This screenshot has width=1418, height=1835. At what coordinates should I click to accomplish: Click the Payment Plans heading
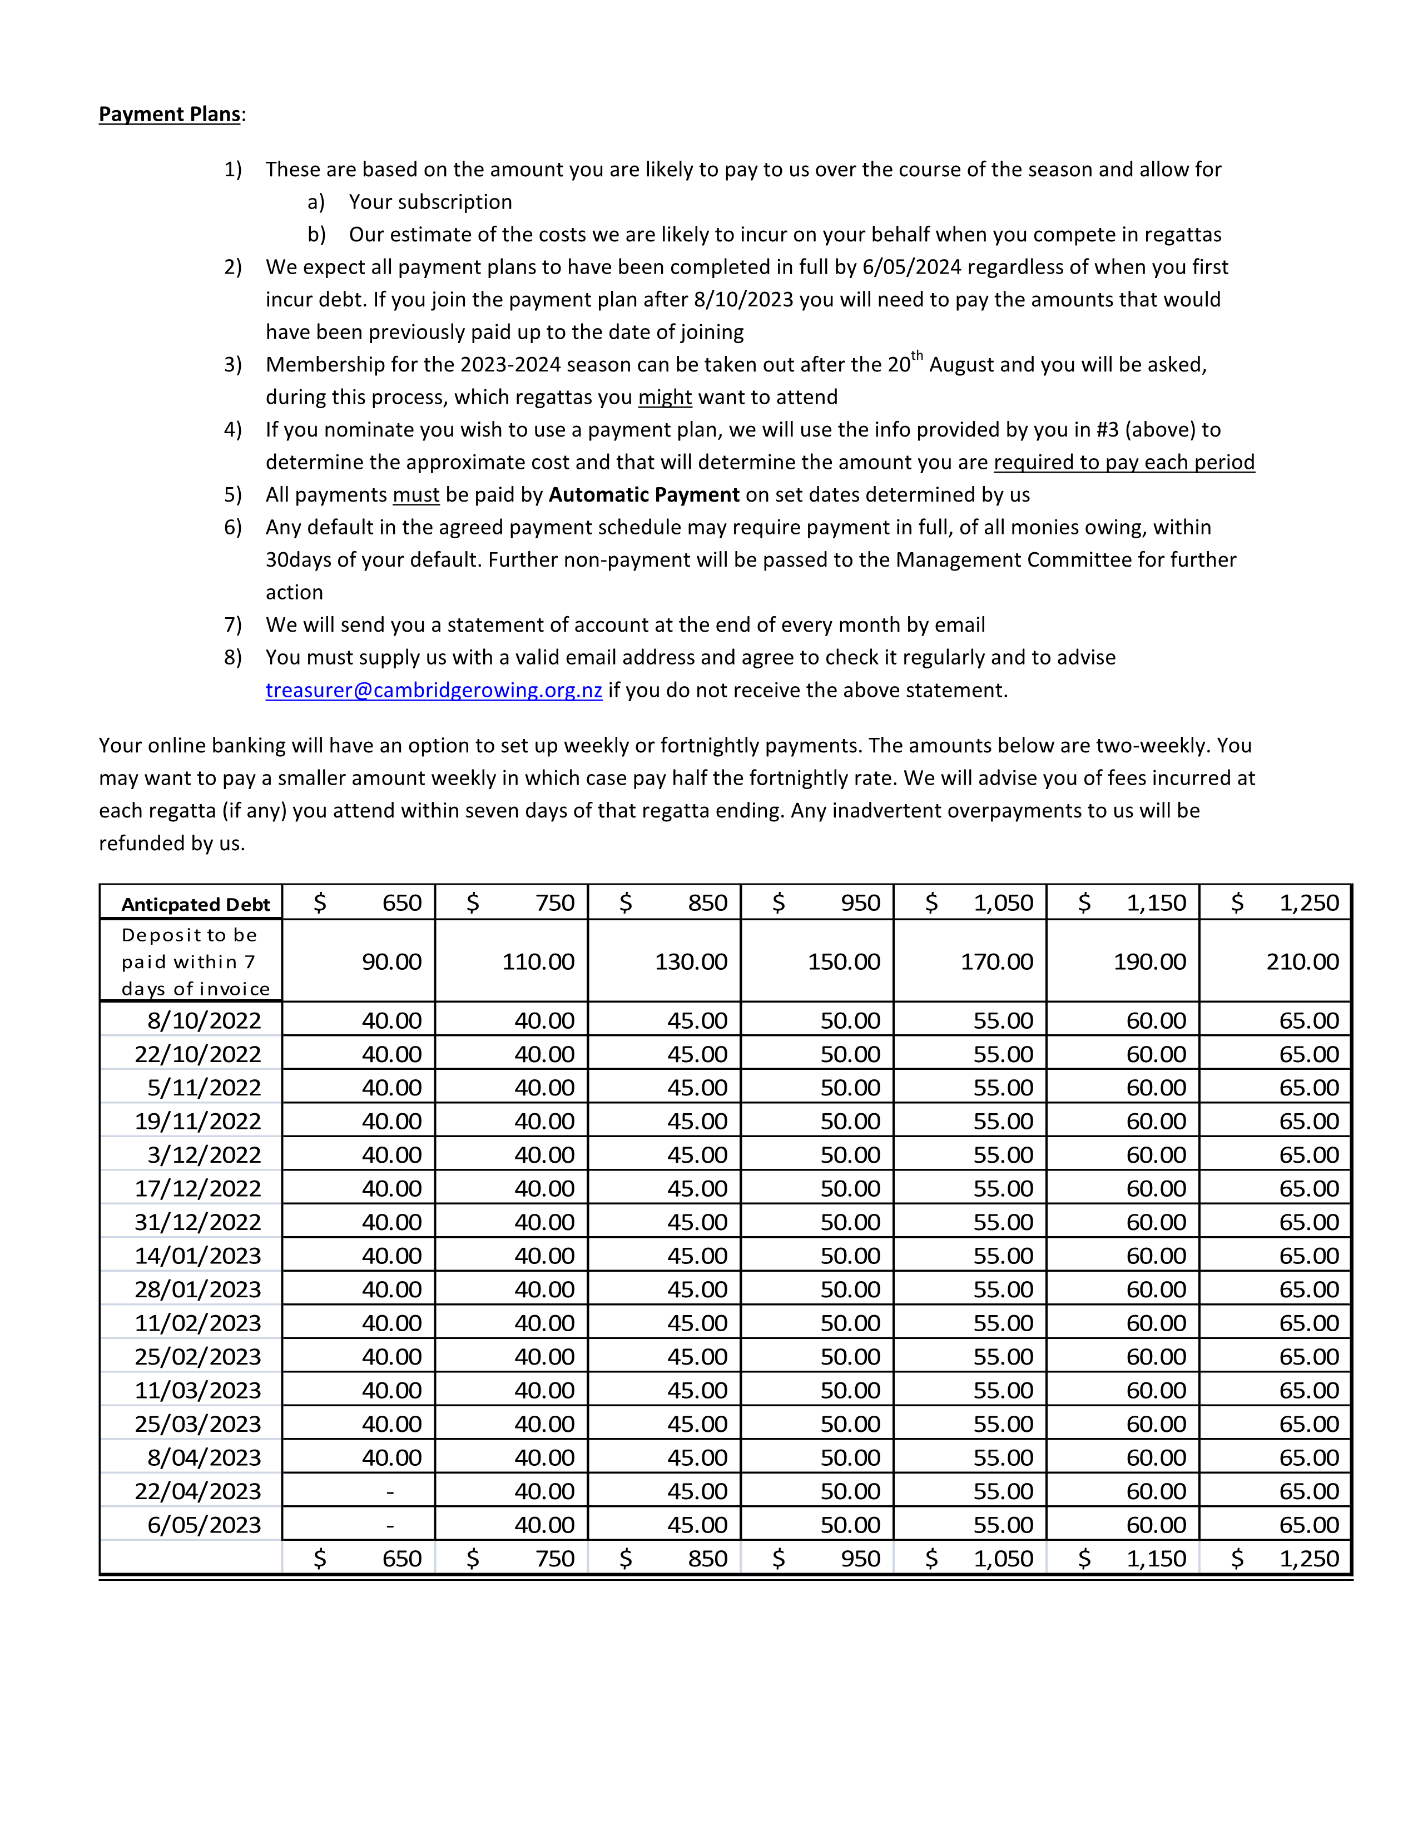click(x=170, y=114)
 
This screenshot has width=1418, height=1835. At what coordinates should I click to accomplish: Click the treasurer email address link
click(x=434, y=690)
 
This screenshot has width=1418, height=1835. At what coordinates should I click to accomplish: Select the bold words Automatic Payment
click(x=643, y=495)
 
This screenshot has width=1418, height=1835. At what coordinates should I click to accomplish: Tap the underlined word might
click(x=665, y=398)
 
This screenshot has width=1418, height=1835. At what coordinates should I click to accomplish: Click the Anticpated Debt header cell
click(x=195, y=904)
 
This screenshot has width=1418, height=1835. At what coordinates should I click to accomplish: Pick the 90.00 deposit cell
click(x=391, y=961)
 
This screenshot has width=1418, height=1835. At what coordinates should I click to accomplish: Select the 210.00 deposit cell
click(x=1302, y=961)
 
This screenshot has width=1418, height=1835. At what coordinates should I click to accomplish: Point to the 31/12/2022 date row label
click(x=199, y=1222)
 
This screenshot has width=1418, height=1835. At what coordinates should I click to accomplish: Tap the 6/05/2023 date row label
click(x=204, y=1524)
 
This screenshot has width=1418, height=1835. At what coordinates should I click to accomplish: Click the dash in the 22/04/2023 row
click(x=390, y=1491)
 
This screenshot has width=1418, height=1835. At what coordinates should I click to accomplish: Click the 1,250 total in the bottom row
click(x=1309, y=1559)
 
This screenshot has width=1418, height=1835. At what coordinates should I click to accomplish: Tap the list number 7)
click(x=232, y=625)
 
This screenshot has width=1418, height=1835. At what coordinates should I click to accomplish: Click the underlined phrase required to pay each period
click(x=1124, y=462)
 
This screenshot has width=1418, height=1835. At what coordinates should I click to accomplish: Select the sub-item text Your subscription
click(x=430, y=202)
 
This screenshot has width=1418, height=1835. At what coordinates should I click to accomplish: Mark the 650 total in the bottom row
click(x=401, y=1559)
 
